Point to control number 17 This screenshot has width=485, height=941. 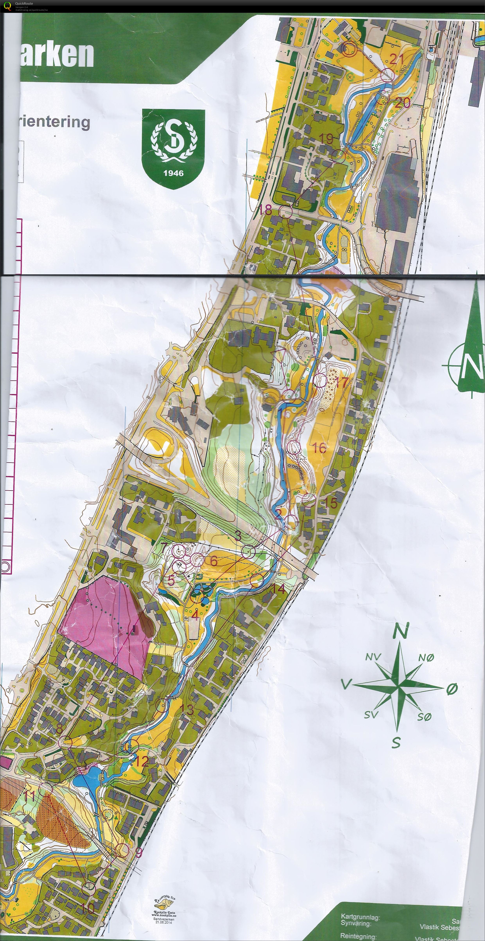coord(342,383)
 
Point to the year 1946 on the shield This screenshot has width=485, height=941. coord(173,173)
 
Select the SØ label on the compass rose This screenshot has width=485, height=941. coord(424,717)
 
